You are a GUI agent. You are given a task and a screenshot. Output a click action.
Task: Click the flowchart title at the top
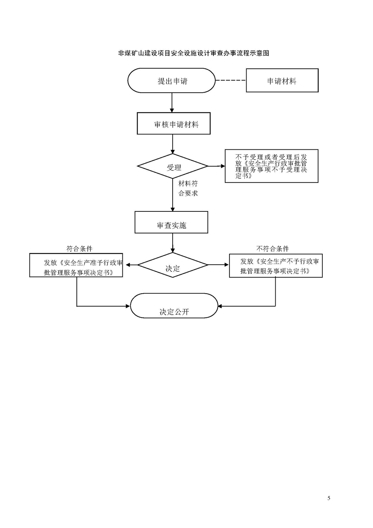point(194,53)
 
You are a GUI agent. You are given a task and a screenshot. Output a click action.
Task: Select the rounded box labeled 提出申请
point(172,81)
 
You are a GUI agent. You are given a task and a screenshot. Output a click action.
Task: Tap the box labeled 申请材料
point(282,81)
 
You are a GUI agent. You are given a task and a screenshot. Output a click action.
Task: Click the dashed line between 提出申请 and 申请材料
point(231,80)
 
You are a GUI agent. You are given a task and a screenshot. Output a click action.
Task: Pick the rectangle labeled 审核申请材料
point(174,124)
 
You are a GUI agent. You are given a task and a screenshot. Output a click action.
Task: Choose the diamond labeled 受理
point(173,167)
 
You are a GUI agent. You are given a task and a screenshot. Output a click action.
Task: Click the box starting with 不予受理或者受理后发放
point(272,166)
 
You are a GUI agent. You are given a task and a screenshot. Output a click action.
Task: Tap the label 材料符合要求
point(188,188)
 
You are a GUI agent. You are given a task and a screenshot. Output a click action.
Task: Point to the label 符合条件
point(79,248)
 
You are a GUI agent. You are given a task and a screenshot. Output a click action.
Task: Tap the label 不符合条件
point(273,249)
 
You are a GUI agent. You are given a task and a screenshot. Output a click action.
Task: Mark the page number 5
point(329,498)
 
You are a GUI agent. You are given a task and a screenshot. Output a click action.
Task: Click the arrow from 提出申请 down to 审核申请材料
point(172,103)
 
